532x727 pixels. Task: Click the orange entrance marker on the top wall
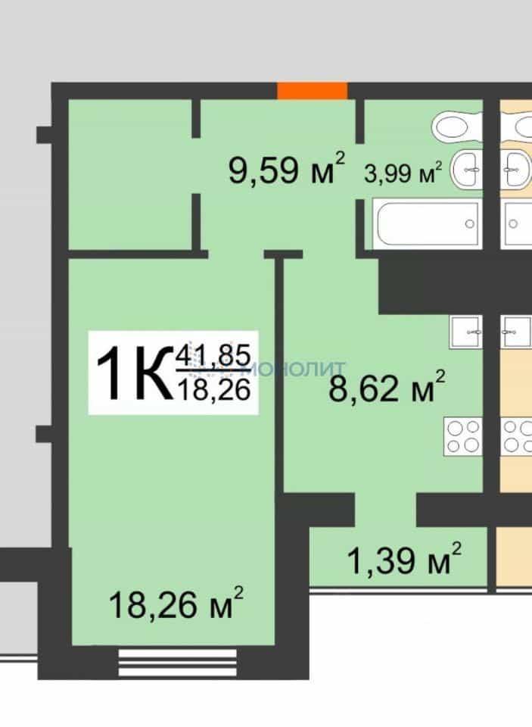coord(313,90)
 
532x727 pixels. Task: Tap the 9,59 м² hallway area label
coord(287,169)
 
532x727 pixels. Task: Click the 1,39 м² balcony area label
coord(404,559)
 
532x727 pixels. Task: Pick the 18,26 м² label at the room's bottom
coord(176,604)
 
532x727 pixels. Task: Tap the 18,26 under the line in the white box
coord(213,388)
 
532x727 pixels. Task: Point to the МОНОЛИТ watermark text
coord(294,369)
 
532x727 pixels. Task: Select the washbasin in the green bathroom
coord(467,170)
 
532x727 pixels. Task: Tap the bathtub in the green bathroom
coord(426,224)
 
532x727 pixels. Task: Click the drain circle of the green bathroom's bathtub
coord(470,224)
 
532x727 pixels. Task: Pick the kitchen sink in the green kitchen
coord(465,332)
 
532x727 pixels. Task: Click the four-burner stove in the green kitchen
coord(463,436)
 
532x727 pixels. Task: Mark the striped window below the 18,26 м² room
coord(178,663)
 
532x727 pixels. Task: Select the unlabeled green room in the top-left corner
coord(130,174)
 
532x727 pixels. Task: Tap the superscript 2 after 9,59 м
coord(340,158)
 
